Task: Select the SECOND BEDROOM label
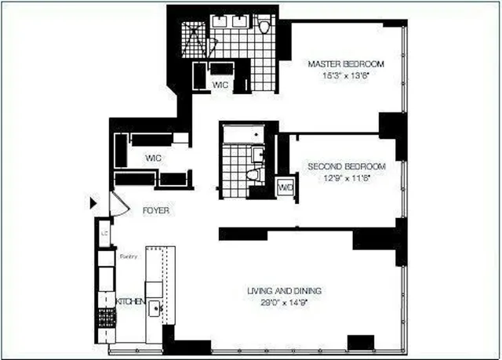coord(347,167)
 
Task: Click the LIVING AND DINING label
coord(284,291)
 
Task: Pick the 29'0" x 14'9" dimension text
coord(284,302)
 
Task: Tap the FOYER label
coord(155,211)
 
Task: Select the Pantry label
coord(128,256)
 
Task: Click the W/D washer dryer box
coord(286,187)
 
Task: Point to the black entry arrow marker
coord(93,204)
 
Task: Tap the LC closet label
coord(104,233)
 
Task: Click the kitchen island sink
coord(155,307)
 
